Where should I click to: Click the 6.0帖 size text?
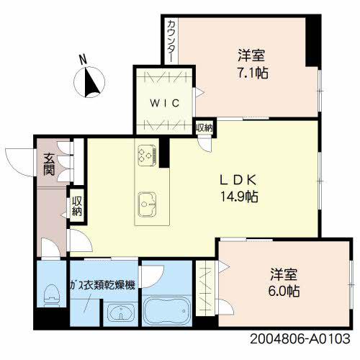pos(283,292)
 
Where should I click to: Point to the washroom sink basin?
pos(120,312)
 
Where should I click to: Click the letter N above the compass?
pos(84,60)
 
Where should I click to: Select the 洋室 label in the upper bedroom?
pos(250,54)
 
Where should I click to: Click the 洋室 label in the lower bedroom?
pos(283,274)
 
